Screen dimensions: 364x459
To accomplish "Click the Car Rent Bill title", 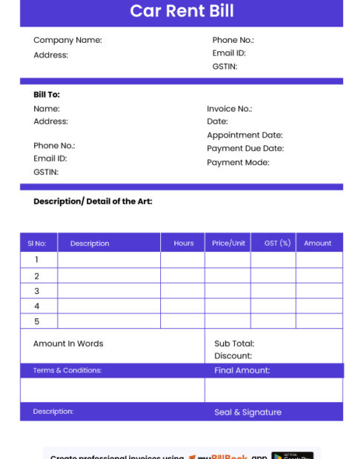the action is pyautogui.click(x=182, y=11).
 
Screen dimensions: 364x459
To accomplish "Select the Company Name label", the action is pyautogui.click(x=67, y=40).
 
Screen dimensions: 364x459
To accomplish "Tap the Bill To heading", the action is pyautogui.click(x=47, y=95).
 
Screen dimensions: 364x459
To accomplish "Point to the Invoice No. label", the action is pyautogui.click(x=229, y=109).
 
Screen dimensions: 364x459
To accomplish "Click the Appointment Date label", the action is pyautogui.click(x=245, y=135).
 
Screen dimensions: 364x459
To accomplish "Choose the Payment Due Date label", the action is pyautogui.click(x=245, y=149).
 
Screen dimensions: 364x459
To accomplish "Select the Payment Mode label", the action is pyautogui.click(x=238, y=162).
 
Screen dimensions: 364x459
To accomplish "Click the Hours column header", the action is pyautogui.click(x=184, y=243).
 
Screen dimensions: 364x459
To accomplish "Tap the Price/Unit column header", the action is pyautogui.click(x=228, y=243).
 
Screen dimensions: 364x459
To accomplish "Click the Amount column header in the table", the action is pyautogui.click(x=317, y=243).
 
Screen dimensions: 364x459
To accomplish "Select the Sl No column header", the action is pyautogui.click(x=37, y=243).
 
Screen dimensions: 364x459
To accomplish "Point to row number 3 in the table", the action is pyautogui.click(x=36, y=291).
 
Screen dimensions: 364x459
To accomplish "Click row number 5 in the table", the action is pyautogui.click(x=36, y=321).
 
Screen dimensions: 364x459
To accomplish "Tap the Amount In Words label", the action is pyautogui.click(x=68, y=344).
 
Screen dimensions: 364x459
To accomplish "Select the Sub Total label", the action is pyautogui.click(x=234, y=344).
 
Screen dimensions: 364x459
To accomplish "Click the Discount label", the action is pyautogui.click(x=233, y=356).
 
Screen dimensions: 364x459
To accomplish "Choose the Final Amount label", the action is pyautogui.click(x=242, y=370).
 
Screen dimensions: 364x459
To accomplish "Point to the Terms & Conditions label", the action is pyautogui.click(x=67, y=370).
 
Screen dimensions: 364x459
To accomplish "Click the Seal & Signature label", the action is pyautogui.click(x=248, y=412).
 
